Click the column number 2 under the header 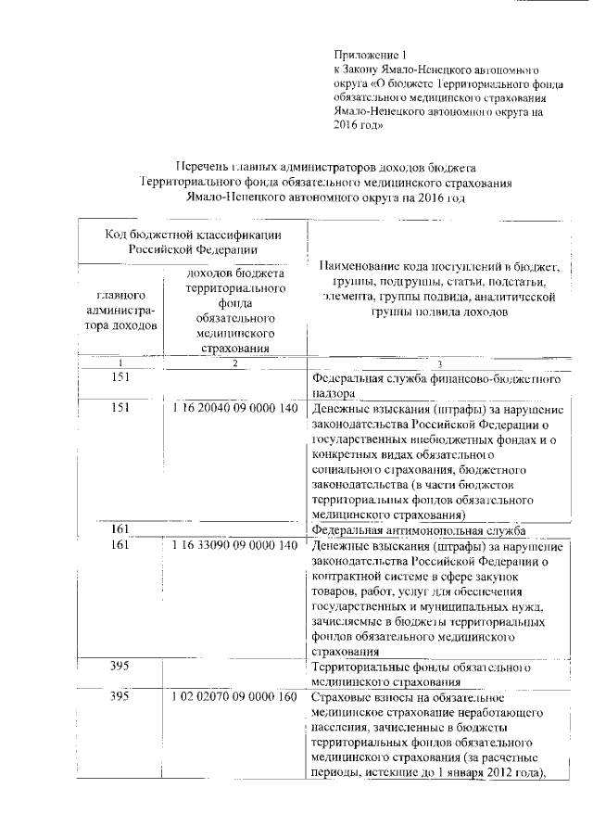[235, 364]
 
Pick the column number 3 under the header [439, 364]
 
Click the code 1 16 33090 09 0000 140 [235, 546]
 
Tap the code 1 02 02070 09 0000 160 [235, 696]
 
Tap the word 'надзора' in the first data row [334, 393]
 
